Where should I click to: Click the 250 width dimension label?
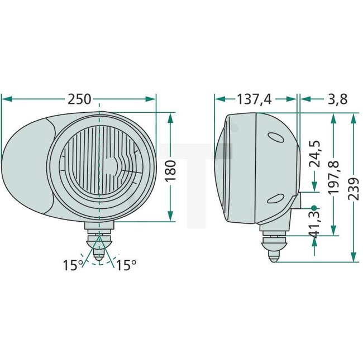(79, 99)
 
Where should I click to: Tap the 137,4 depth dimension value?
(254, 99)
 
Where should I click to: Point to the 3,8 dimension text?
(337, 99)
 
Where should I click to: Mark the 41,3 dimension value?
(315, 222)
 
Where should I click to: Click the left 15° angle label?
(73, 265)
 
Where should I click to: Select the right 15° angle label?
(126, 265)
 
